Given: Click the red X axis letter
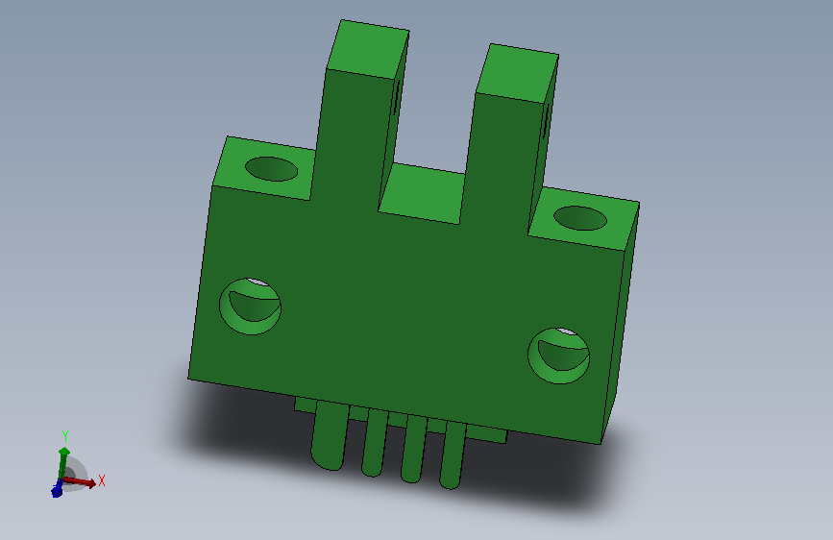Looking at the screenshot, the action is coord(102,480).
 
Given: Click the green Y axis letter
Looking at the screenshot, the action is coord(65,436).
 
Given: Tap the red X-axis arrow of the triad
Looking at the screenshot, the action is coord(80,482).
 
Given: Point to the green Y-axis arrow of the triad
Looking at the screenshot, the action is coord(63,462).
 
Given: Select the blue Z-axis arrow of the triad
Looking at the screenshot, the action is coord(57,488).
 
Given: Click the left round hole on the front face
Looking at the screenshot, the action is coord(250,307).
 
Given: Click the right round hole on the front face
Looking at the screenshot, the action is coord(558,356).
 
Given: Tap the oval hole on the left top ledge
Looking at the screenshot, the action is coord(271,169).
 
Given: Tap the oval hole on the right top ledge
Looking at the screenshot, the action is coord(579,218).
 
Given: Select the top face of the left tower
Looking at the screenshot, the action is coord(368,49).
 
